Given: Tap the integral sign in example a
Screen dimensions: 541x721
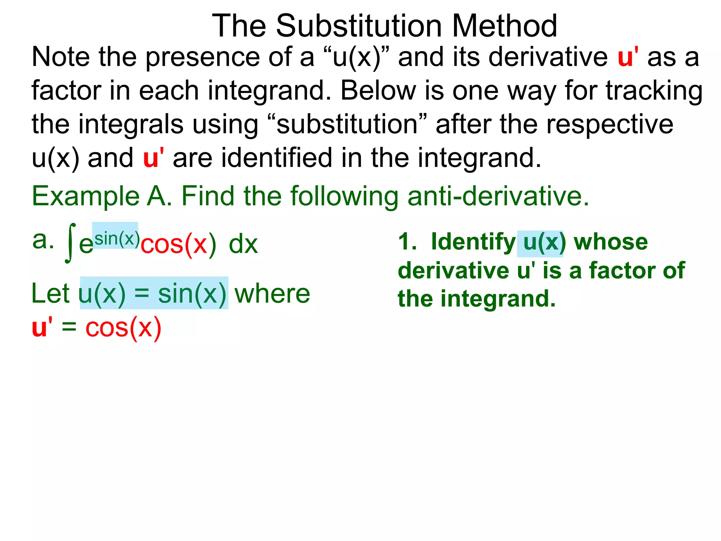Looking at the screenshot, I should click(70, 243).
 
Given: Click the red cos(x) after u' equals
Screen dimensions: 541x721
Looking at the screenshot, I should click(123, 328).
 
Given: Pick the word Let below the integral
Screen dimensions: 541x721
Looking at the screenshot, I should click(50, 293).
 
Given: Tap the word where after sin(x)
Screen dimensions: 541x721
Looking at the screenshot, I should click(272, 293).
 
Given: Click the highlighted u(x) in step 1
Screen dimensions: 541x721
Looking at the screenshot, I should click(540, 243).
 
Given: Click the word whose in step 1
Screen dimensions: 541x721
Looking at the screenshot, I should click(610, 242).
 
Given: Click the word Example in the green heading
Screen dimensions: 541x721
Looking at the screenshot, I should click(86, 196).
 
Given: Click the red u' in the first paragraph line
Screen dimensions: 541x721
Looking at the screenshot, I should click(628, 57).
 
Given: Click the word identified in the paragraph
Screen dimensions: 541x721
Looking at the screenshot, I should click(276, 158).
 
